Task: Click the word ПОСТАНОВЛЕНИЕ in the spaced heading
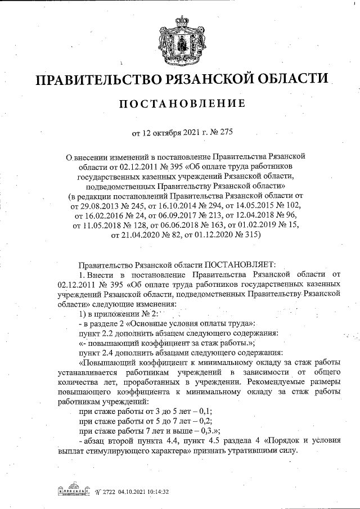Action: pyautogui.click(x=180, y=103)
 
